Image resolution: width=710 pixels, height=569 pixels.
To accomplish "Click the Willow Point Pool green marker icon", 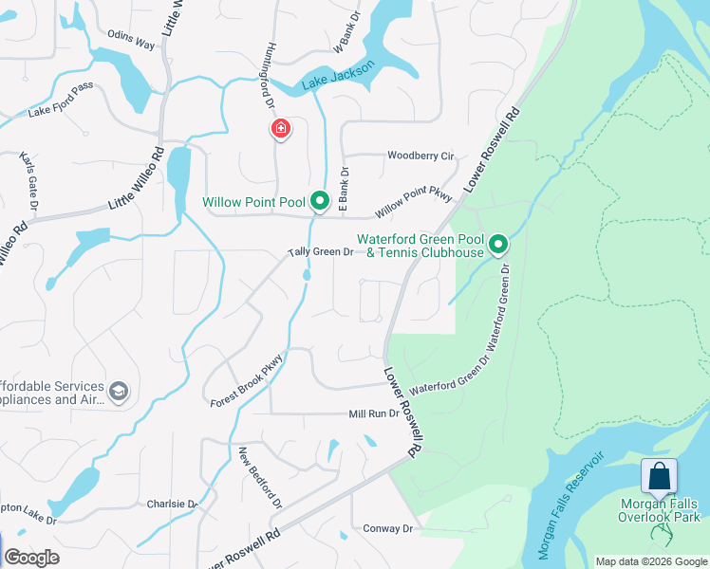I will [x=320, y=201].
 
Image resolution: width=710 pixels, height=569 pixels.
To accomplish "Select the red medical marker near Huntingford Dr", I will [x=281, y=128].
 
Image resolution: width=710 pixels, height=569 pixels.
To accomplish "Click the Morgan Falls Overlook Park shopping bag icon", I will [x=659, y=476].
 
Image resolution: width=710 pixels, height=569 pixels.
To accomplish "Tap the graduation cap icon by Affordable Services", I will [x=119, y=391].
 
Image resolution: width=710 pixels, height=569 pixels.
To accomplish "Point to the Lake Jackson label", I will [x=339, y=77].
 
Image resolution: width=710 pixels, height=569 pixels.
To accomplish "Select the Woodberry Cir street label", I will [x=420, y=156].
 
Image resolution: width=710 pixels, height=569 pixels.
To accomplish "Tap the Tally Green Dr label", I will [x=321, y=252].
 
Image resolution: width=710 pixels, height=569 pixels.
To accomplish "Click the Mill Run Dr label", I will [x=374, y=413].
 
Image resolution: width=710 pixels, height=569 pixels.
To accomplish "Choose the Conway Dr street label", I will [x=389, y=528].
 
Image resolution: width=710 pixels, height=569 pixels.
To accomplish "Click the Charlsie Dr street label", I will [x=172, y=505].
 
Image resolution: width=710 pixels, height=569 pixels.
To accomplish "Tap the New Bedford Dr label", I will [x=260, y=478].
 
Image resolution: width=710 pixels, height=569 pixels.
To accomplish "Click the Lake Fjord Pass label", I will [x=61, y=112].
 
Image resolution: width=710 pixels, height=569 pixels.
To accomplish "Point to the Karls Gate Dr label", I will [x=28, y=179].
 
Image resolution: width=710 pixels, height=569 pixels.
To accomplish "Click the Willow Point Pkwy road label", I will [x=416, y=201].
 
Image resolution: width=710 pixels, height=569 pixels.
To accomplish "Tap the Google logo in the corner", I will [x=31, y=558].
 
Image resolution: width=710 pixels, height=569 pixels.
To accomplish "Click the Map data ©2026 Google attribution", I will [x=650, y=561].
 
